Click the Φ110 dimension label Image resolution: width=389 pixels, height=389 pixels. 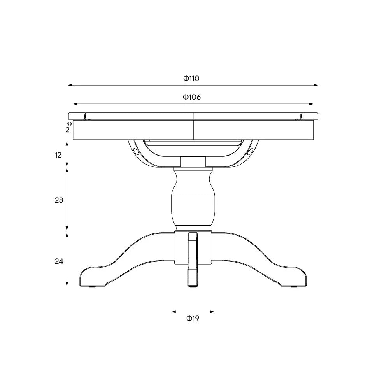(191, 78)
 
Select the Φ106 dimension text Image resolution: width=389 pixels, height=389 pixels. (192, 97)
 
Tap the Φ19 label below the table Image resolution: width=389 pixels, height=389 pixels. (193, 319)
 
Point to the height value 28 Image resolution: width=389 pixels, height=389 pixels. (58, 200)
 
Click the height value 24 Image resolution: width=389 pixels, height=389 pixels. (59, 261)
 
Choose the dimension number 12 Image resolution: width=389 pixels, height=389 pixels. (58, 155)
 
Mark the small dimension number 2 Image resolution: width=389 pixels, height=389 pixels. (67, 130)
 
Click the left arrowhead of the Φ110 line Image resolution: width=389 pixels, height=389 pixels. (69, 85)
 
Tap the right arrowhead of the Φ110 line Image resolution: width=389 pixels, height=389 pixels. (316, 85)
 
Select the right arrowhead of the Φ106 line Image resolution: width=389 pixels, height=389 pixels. (312, 104)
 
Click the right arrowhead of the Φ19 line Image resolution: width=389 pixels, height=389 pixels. (213, 312)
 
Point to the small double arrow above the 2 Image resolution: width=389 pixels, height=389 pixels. (70, 124)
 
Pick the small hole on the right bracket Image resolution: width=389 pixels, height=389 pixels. (251, 151)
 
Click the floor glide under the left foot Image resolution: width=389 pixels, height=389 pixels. (93, 287)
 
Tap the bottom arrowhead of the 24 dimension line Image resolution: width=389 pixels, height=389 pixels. (67, 285)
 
